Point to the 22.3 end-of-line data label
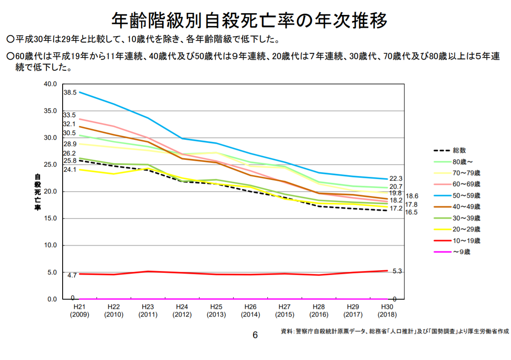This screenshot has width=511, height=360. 396,179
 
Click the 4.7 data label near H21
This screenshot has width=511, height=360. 72,275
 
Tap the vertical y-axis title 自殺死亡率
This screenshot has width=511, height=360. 37,192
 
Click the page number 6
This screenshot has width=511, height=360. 255,335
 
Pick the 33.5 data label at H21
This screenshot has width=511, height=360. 69,115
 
